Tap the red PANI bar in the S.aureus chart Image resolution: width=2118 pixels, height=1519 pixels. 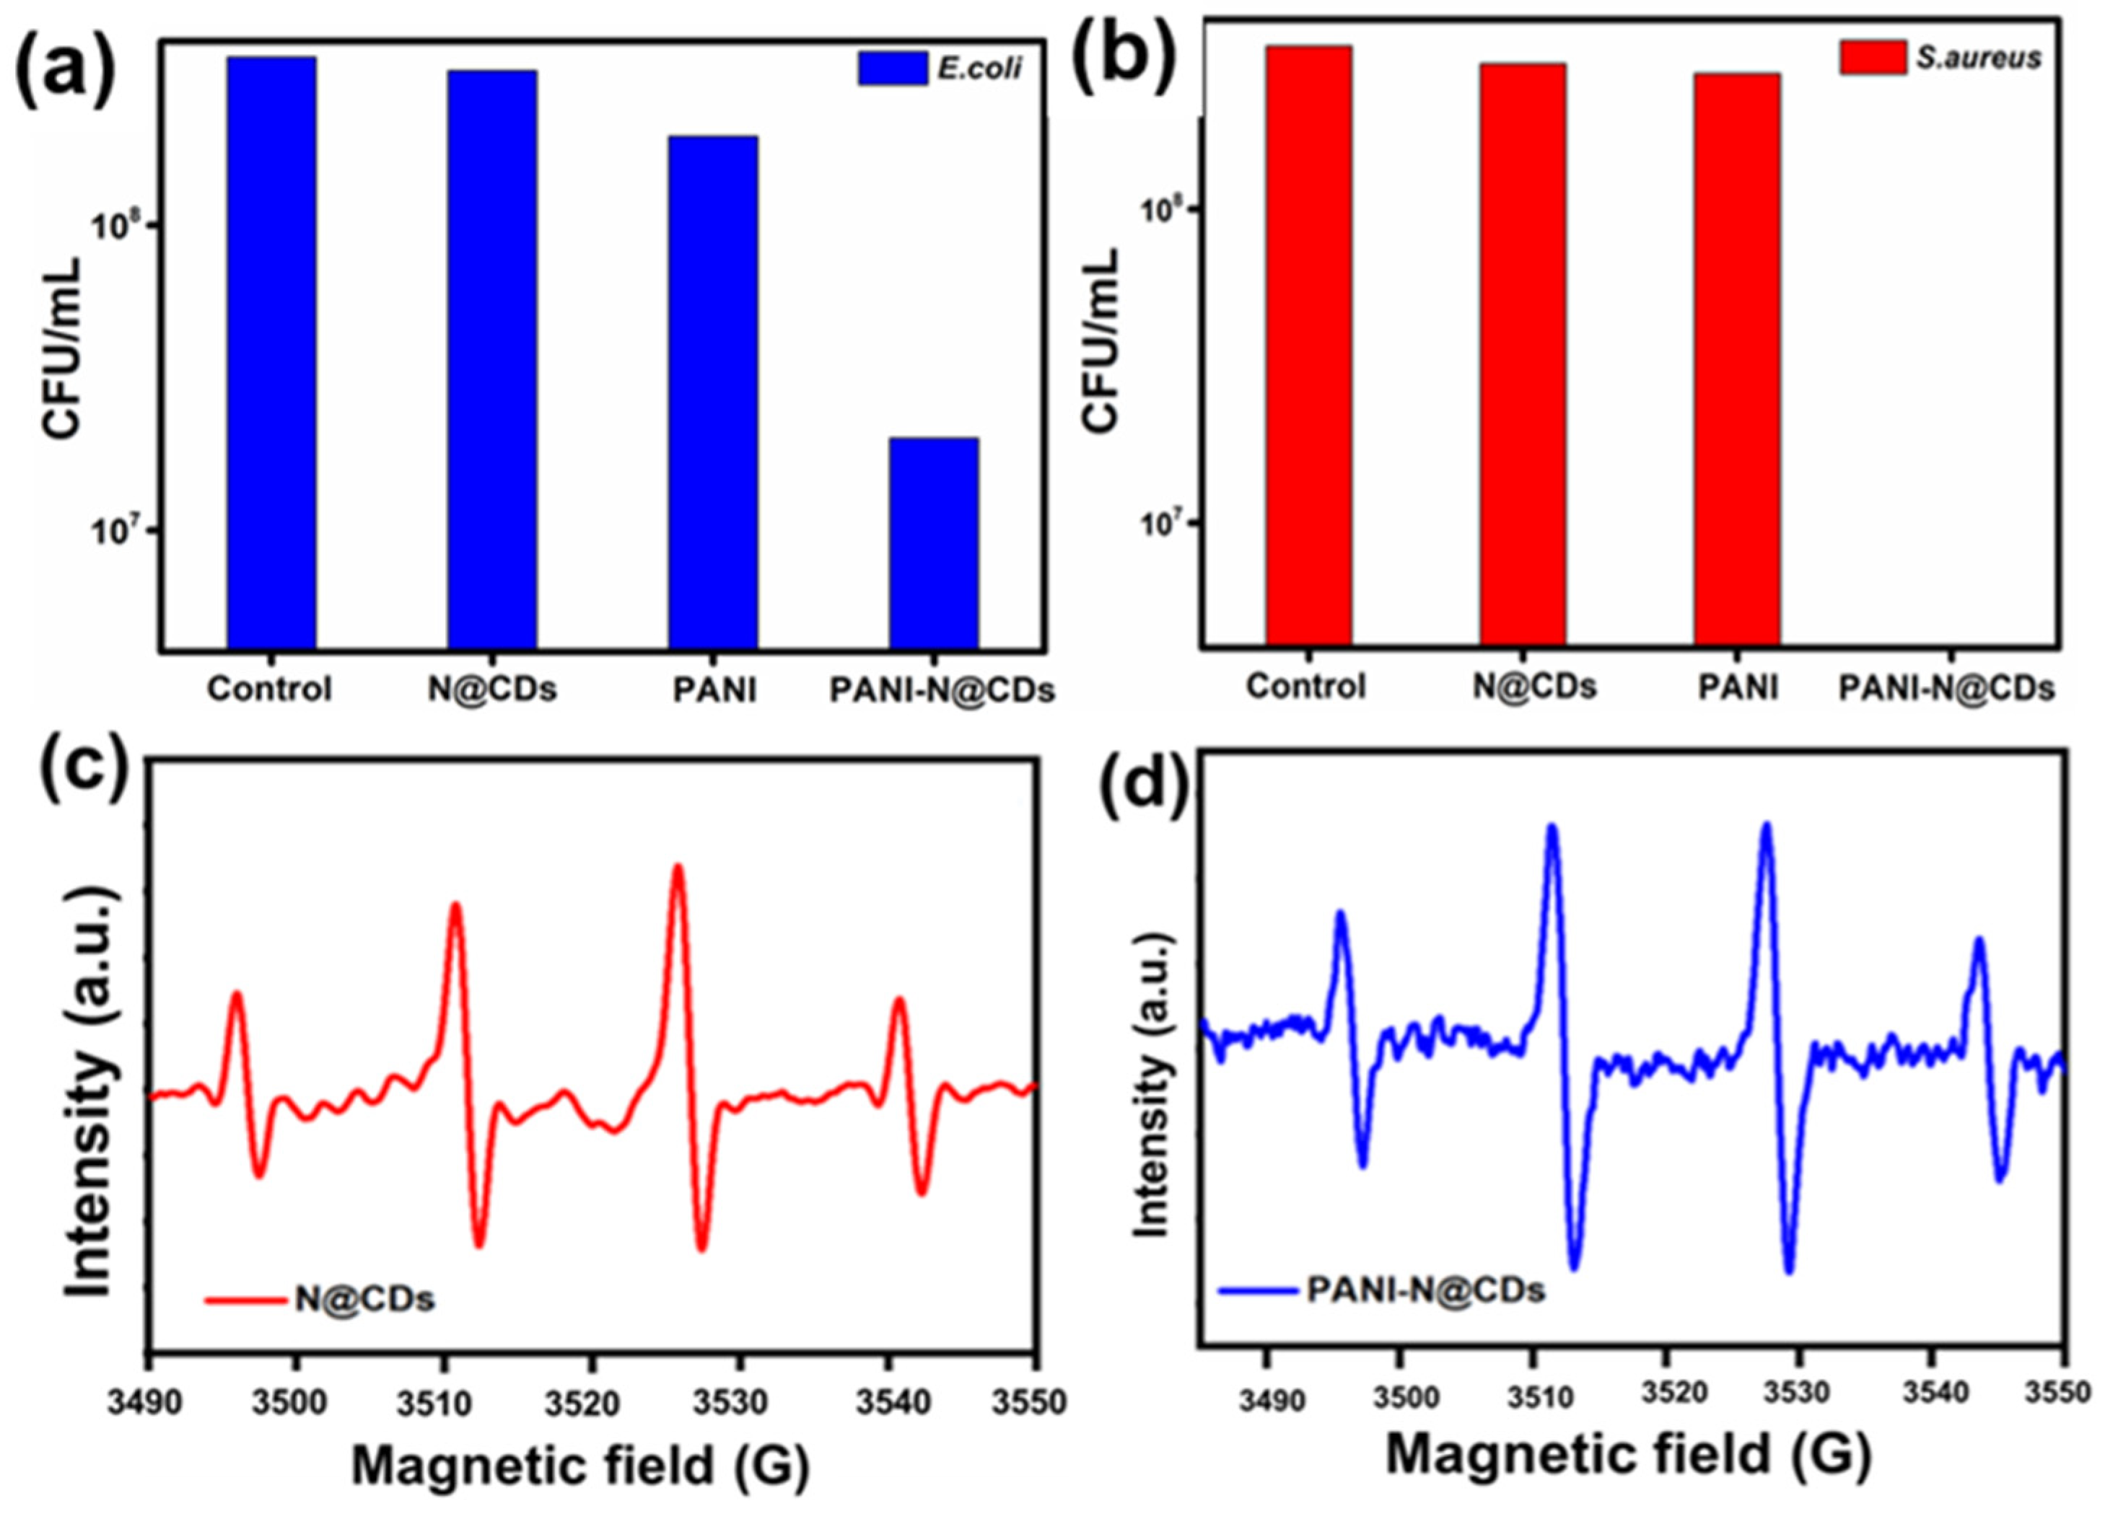1736,359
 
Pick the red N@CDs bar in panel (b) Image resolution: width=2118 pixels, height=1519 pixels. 1522,355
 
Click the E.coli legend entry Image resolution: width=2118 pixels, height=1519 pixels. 941,68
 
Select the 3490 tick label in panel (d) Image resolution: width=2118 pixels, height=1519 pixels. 1266,1402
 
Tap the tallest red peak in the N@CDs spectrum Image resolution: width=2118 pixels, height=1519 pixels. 678,868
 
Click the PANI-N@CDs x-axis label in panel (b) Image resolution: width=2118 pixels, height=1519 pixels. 1946,688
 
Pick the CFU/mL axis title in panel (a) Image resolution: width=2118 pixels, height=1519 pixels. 61,348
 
